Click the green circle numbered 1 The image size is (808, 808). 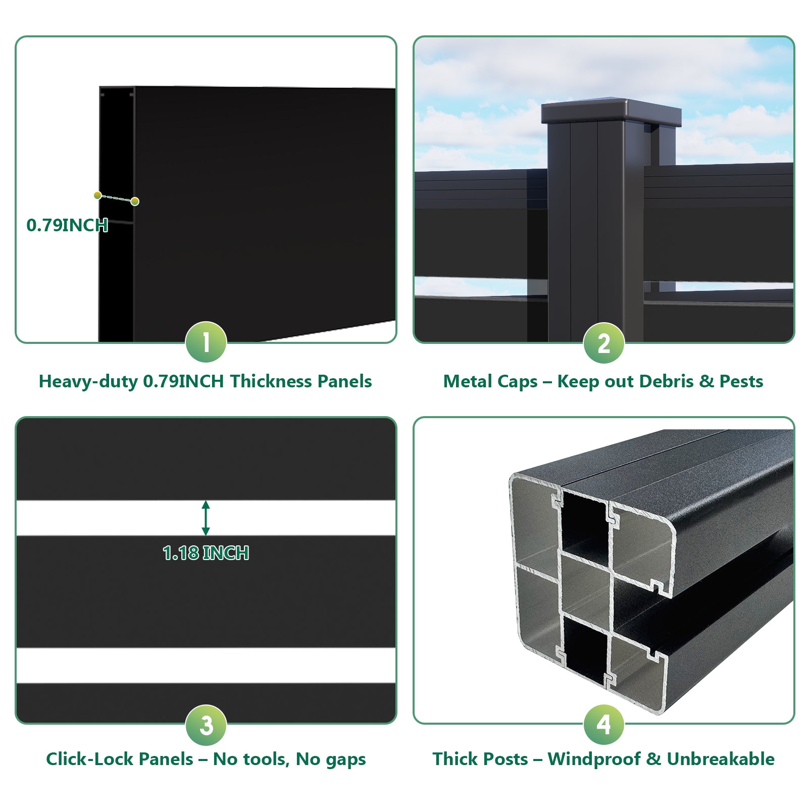[206, 342]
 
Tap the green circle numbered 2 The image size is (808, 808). [604, 343]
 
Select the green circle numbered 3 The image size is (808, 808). [206, 725]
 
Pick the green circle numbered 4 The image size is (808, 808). [604, 725]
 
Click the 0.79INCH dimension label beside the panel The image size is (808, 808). [67, 225]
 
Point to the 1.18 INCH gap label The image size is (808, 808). [206, 553]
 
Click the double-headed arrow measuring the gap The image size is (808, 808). [206, 518]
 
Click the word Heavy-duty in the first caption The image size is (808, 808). [88, 382]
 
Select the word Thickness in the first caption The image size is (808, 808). [273, 381]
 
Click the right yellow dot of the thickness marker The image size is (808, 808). [135, 201]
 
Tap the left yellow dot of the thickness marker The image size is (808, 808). [97, 195]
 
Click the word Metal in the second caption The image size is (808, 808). [465, 381]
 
